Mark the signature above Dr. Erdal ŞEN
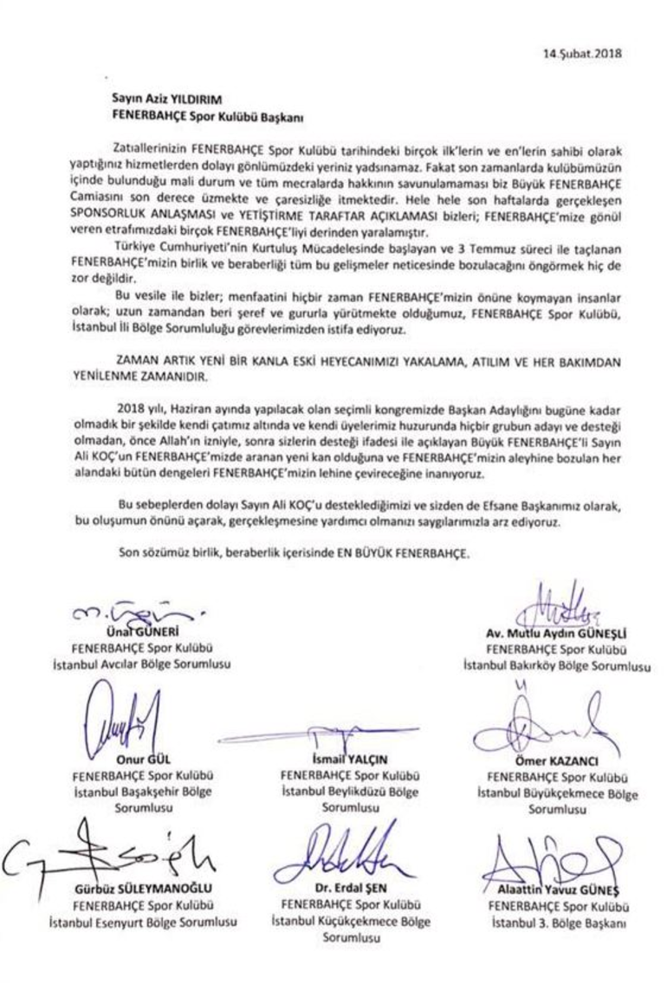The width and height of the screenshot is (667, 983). pyautogui.click(x=346, y=857)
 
